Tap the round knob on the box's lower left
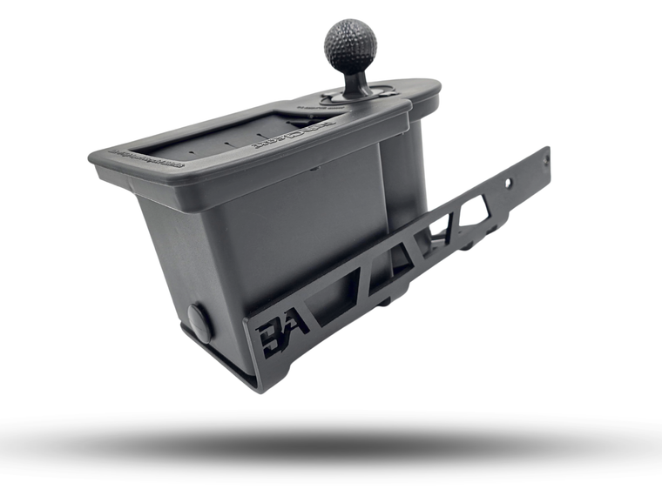(x=199, y=323)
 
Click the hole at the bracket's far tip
(x=546, y=160)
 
